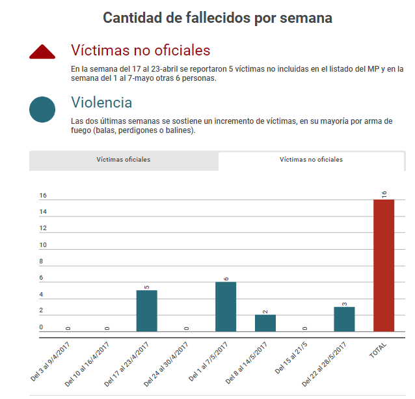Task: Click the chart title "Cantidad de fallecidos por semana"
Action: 217,18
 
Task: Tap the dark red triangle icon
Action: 46,53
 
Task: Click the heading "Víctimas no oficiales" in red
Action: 140,50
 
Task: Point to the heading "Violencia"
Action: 101,102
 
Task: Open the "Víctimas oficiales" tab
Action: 124,160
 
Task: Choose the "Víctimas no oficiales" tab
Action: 311,160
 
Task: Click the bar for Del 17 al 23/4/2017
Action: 146,311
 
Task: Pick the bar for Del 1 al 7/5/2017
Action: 226,306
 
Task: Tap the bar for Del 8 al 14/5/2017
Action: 265,323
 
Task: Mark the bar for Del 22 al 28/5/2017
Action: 344,319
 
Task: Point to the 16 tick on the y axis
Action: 43,196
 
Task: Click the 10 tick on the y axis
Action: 43,245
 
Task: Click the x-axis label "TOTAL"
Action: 377,351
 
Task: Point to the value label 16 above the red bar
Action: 384,194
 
